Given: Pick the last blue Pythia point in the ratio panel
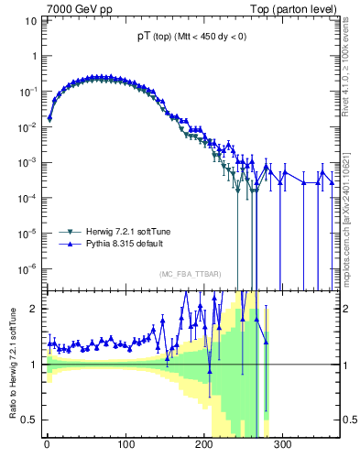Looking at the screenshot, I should [266, 342].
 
